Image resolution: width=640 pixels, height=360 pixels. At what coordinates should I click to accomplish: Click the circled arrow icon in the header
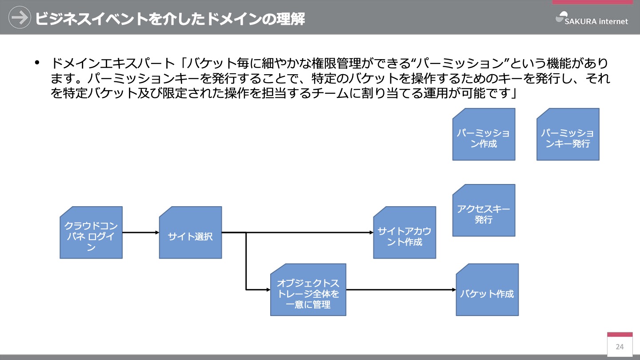click(20, 17)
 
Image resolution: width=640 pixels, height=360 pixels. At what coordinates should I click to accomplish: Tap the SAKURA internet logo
click(592, 19)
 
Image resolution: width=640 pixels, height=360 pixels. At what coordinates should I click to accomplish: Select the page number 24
click(620, 347)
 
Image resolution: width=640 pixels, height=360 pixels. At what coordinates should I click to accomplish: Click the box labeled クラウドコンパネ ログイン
click(91, 232)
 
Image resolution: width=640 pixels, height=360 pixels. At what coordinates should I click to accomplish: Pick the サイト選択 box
click(190, 232)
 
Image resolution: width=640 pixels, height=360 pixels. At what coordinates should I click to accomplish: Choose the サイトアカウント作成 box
click(404, 232)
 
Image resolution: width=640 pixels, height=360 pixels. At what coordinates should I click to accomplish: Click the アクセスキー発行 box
click(484, 210)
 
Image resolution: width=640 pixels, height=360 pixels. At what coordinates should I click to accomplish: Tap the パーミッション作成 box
click(484, 134)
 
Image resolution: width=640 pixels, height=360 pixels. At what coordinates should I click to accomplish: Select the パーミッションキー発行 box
click(568, 134)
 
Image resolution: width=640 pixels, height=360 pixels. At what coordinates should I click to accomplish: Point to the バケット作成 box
click(487, 290)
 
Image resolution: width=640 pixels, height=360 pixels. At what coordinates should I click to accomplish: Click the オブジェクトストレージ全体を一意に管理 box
click(308, 290)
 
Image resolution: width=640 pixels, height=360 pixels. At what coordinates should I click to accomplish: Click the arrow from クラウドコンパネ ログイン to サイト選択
click(141, 232)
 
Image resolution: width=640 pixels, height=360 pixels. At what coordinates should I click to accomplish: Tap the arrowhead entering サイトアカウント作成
click(372, 232)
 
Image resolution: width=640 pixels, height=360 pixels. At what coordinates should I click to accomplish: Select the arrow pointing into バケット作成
click(401, 290)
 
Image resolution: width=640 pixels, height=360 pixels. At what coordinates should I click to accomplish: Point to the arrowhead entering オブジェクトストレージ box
click(268, 290)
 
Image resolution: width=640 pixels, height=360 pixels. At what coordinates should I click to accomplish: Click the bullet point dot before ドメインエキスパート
click(37, 62)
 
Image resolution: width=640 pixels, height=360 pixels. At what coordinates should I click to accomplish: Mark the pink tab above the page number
click(620, 335)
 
